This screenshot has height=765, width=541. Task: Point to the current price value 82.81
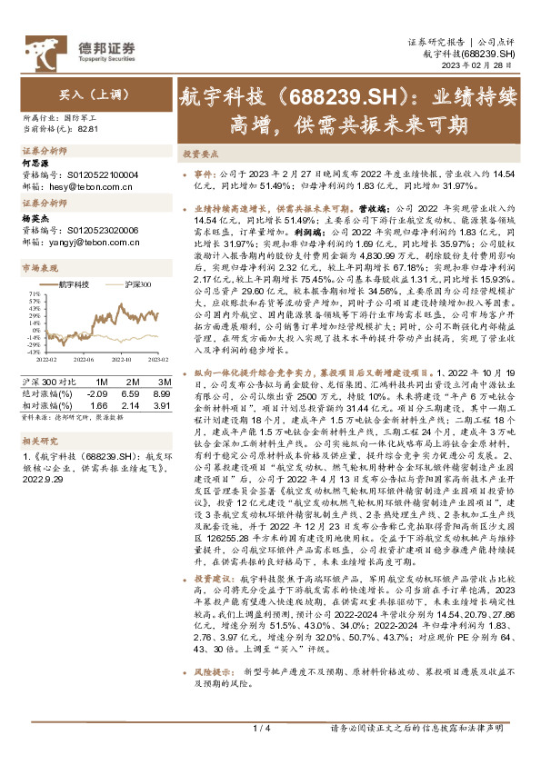88,129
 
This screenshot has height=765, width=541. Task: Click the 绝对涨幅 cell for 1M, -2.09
96,393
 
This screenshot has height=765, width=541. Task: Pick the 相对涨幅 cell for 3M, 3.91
162,403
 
